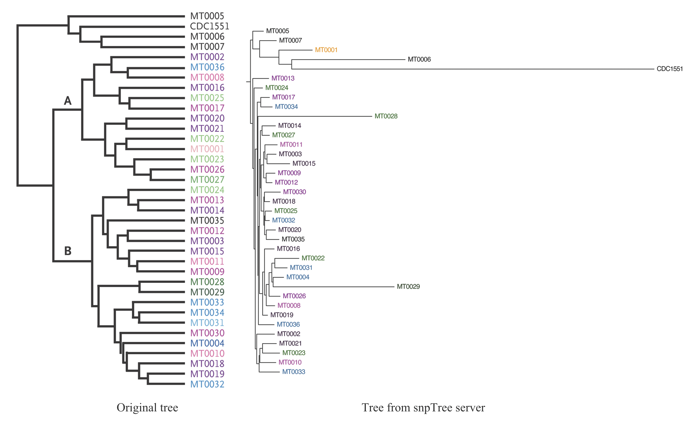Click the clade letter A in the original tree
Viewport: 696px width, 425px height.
68,101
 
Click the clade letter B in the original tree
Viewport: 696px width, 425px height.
68,251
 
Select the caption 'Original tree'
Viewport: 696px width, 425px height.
147,408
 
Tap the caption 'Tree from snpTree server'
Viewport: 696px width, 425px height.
423,408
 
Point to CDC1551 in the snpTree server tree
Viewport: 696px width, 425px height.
669,69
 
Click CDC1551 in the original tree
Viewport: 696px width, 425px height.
209,26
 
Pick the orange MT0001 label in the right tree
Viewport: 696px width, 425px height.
326,50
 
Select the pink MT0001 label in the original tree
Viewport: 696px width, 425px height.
207,149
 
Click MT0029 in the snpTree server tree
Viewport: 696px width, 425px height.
408,287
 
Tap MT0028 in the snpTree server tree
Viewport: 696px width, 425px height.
386,116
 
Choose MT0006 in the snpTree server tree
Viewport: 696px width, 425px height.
419,59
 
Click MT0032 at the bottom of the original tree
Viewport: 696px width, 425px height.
207,384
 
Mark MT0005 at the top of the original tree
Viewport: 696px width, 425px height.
207,16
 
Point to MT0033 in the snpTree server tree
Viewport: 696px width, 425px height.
294,372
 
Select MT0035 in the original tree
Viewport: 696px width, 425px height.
207,220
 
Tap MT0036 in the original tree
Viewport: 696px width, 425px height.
207,67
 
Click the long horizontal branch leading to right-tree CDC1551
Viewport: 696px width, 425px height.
472,69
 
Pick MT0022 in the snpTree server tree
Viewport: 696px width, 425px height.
313,258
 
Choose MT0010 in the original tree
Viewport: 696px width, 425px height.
207,353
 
